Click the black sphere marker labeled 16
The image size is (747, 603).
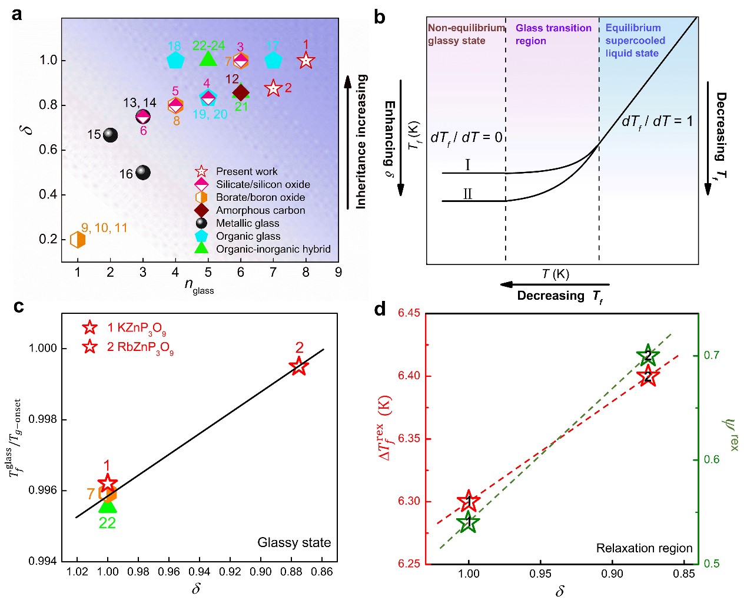(142, 173)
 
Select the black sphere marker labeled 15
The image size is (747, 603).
(110, 135)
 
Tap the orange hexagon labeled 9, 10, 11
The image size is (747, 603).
(78, 240)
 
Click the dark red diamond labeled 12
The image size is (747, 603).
(240, 92)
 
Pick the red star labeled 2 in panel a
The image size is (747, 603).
(273, 88)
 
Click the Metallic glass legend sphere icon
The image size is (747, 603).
(201, 223)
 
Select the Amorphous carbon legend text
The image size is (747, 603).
(260, 210)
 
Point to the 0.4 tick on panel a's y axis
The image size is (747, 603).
(48, 194)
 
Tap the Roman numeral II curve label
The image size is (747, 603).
(467, 194)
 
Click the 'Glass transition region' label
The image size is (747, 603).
(553, 34)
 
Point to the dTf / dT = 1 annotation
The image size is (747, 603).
(657, 122)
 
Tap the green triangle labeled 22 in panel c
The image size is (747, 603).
(107, 505)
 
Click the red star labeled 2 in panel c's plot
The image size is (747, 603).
(299, 366)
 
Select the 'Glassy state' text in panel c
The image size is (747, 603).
(294, 542)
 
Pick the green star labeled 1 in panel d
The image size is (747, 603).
(468, 522)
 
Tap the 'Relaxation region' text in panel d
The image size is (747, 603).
(644, 548)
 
